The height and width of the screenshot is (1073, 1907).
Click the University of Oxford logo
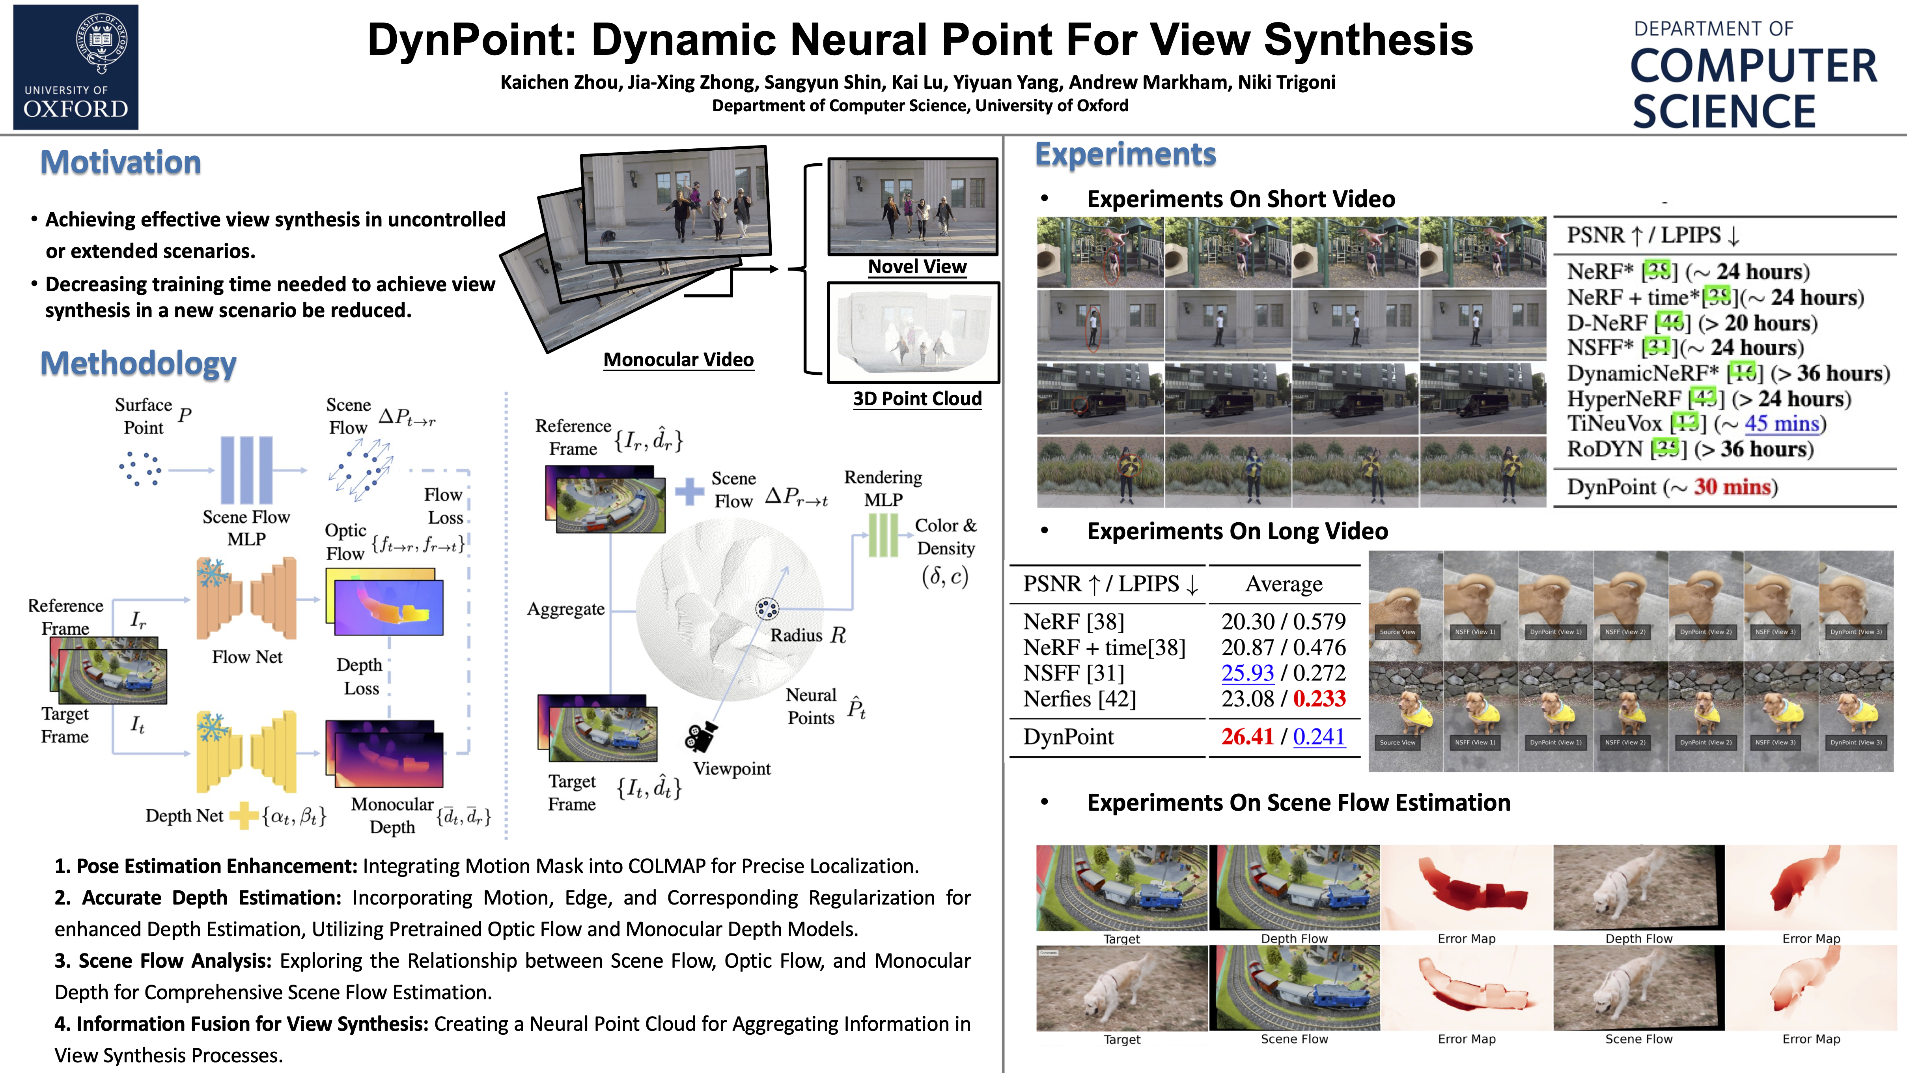[x=75, y=67]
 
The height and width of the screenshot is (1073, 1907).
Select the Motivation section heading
[x=121, y=162]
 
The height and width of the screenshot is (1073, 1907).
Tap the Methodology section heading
[x=138, y=364]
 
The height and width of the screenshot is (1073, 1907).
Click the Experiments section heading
[x=1125, y=154]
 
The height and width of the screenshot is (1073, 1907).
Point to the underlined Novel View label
[x=917, y=267]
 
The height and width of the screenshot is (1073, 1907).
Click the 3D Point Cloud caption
[x=917, y=399]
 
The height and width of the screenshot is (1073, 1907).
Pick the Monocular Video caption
[x=678, y=360]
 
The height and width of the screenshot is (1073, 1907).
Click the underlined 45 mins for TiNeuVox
[x=1781, y=424]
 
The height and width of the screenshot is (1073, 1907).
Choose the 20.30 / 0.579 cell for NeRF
[x=1284, y=621]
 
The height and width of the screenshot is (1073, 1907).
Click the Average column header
[x=1284, y=584]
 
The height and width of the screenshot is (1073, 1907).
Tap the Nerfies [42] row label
[x=1079, y=699]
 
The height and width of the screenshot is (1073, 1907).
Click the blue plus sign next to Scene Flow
[x=689, y=491]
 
